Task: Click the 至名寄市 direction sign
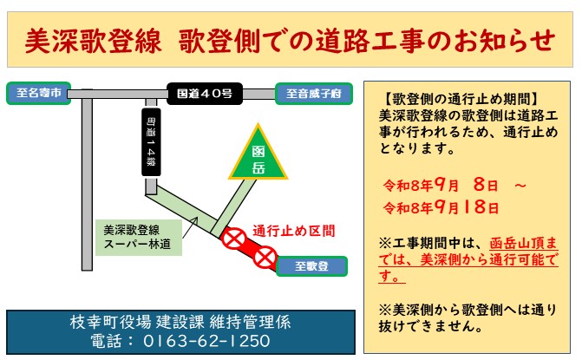click(x=39, y=93)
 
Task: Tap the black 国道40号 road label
click(x=205, y=94)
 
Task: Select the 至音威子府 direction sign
click(x=314, y=94)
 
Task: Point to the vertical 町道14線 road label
click(x=151, y=141)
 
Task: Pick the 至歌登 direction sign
click(x=311, y=266)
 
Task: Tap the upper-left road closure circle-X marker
click(x=234, y=239)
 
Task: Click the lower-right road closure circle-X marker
click(x=265, y=257)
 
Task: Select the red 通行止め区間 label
click(x=293, y=231)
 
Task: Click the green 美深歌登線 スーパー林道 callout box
click(x=139, y=238)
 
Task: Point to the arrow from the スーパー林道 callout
click(x=190, y=227)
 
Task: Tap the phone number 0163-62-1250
click(x=206, y=341)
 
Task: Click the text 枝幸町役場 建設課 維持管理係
click(x=180, y=322)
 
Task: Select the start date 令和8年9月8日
click(x=441, y=185)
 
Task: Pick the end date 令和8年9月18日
click(x=441, y=207)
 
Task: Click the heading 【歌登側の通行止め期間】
click(x=460, y=99)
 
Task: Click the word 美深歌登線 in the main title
click(x=94, y=40)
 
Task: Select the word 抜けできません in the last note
click(x=430, y=326)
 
